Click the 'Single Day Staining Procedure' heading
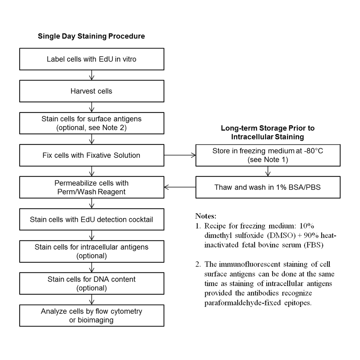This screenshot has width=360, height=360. point(91,36)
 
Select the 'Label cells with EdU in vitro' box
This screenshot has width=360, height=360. point(92,59)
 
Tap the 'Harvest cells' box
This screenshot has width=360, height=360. point(92,91)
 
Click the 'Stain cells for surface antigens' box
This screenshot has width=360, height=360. point(92,123)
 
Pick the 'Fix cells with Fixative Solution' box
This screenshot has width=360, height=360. point(92,155)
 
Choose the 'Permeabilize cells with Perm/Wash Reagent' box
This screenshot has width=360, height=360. point(92,187)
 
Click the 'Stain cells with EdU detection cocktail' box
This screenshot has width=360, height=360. point(92,219)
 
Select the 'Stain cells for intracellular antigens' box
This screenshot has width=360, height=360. point(92,251)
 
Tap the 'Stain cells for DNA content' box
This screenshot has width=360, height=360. point(92,283)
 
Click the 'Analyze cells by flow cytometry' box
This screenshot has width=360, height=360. point(92,315)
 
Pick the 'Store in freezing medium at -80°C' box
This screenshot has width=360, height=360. point(268,155)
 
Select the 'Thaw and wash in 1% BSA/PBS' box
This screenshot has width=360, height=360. point(268,187)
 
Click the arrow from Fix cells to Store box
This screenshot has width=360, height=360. point(180,155)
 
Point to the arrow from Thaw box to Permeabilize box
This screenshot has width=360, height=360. point(180,187)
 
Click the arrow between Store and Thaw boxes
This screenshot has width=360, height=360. point(268,171)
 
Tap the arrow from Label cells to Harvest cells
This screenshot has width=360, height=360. point(92,75)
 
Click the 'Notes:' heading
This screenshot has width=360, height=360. point(206,216)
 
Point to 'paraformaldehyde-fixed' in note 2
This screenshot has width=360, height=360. point(243,303)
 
